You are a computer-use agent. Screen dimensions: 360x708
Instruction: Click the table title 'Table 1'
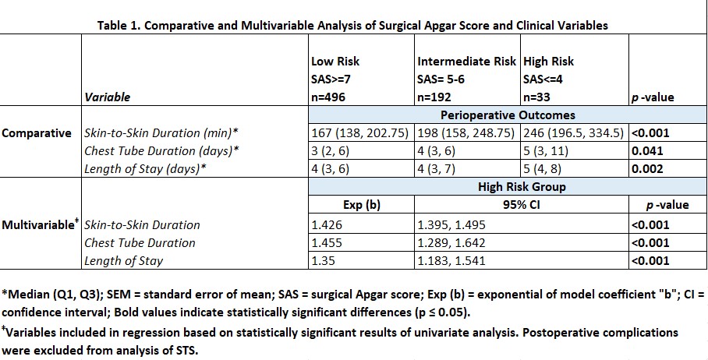[x=352, y=25]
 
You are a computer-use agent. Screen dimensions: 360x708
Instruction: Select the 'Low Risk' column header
[x=335, y=62]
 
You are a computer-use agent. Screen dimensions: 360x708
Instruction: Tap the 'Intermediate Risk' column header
[x=467, y=62]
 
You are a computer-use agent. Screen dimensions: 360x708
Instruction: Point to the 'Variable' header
[x=107, y=97]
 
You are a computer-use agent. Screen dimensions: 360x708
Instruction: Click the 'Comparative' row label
[x=37, y=133]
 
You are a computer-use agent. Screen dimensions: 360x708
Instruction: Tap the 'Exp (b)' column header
[x=362, y=206]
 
